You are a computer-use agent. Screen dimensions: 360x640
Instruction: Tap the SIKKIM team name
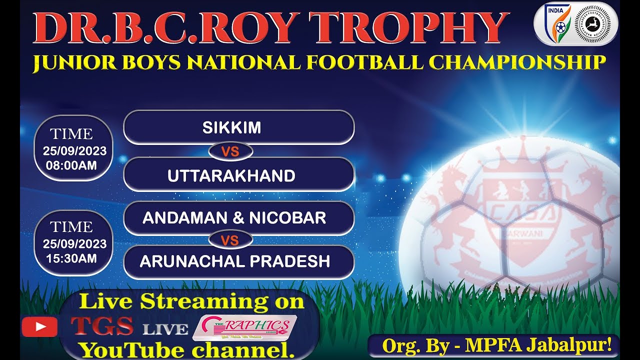tap(231, 127)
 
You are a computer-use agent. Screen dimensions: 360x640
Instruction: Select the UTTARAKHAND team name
tap(231, 175)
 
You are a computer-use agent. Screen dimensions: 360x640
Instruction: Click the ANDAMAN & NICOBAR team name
tap(234, 217)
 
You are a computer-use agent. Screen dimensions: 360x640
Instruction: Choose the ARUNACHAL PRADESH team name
tap(235, 261)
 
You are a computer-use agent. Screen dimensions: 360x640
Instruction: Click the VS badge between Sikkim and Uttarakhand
tap(230, 151)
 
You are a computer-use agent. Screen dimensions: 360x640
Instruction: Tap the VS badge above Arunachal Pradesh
tap(230, 240)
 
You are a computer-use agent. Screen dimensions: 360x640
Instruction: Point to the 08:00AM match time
tap(71, 165)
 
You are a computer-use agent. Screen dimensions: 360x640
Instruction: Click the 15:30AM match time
tap(71, 258)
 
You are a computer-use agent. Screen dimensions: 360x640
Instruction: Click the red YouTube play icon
tap(39, 327)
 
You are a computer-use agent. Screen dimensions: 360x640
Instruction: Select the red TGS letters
tap(102, 326)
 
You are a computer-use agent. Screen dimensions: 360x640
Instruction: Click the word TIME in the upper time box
tap(71, 134)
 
